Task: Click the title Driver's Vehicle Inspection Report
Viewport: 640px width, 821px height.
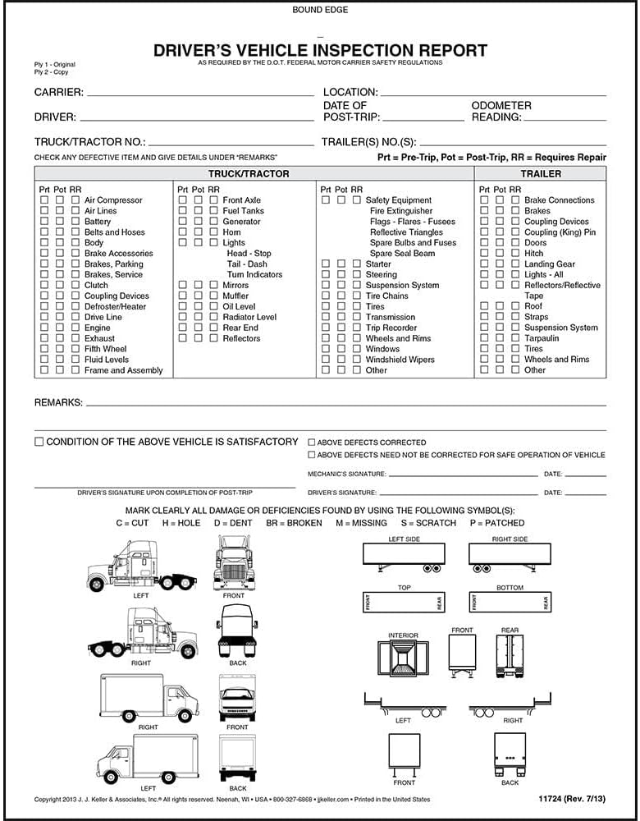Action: (x=320, y=50)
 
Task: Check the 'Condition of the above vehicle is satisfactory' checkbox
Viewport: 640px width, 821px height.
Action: (x=39, y=442)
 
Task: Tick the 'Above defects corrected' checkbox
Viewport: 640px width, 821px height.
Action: (x=312, y=443)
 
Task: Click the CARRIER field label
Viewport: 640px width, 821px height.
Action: (x=59, y=92)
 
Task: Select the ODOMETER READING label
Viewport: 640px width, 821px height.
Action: (x=501, y=112)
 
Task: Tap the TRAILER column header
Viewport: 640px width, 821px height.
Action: (x=541, y=174)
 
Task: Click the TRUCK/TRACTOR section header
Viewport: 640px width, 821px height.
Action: (x=249, y=174)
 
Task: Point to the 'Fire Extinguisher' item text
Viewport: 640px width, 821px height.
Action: (x=401, y=211)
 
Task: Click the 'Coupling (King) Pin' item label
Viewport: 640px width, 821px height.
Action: (x=560, y=232)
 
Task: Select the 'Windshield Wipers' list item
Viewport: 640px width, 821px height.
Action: (x=400, y=360)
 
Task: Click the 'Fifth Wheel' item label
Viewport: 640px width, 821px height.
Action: (x=105, y=349)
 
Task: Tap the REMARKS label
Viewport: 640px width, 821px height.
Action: (x=58, y=403)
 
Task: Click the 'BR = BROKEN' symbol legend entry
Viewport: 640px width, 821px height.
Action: (x=294, y=523)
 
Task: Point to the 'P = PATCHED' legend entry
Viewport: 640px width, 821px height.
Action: (x=496, y=523)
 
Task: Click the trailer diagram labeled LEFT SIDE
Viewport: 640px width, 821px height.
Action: (x=404, y=555)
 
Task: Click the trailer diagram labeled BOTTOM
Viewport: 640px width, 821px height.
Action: (x=510, y=603)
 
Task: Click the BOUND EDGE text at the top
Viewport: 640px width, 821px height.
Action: (x=319, y=10)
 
